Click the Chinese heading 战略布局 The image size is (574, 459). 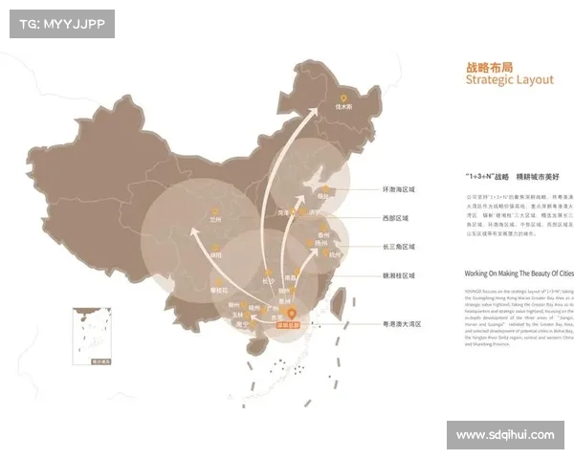[486, 68]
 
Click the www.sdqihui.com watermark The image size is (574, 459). [505, 435]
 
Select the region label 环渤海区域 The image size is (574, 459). [400, 188]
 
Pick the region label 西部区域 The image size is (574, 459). [395, 218]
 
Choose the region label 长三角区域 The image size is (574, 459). [398, 247]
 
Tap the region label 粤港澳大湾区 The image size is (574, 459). [400, 324]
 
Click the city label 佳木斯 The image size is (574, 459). [344, 106]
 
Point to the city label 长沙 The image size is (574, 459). [267, 281]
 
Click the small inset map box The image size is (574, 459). [94, 336]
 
